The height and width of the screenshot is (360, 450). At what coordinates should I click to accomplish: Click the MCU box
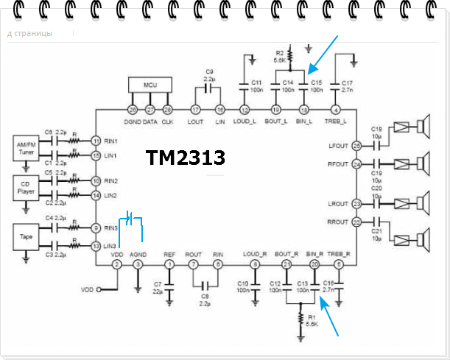(x=150, y=86)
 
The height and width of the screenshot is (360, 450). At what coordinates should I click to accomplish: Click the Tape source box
(x=25, y=237)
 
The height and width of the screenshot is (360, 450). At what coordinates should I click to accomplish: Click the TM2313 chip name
(x=185, y=158)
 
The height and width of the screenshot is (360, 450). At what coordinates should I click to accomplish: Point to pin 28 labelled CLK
(x=168, y=109)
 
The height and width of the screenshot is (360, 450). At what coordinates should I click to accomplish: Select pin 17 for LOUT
(x=197, y=109)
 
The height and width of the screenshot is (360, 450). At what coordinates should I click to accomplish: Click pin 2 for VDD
(x=116, y=264)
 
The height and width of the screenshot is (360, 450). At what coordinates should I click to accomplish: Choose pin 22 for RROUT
(x=356, y=222)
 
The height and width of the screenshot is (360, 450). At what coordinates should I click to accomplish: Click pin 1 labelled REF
(x=170, y=264)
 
